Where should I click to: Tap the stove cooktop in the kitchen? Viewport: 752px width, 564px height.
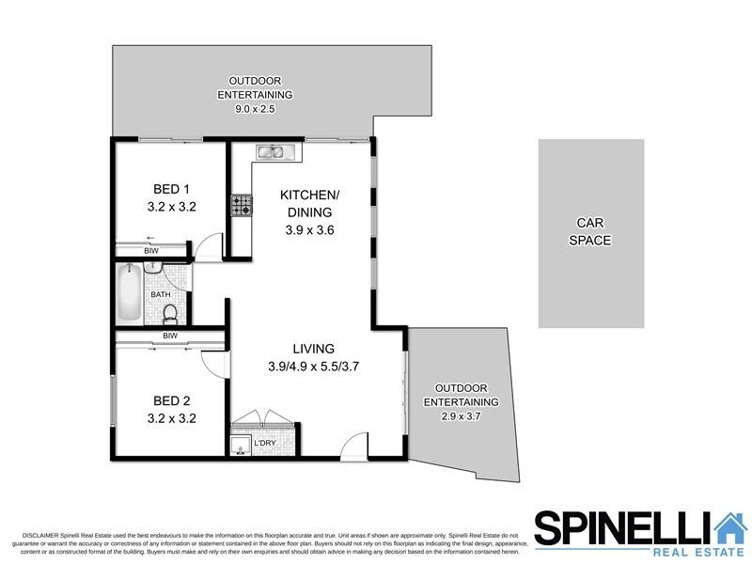(x=243, y=205)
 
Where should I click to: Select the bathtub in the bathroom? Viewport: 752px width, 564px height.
(x=130, y=293)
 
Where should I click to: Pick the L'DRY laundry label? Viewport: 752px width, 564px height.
(x=263, y=442)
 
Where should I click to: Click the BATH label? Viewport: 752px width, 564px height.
(x=161, y=295)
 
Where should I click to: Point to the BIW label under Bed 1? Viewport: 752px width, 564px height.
(x=151, y=252)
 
